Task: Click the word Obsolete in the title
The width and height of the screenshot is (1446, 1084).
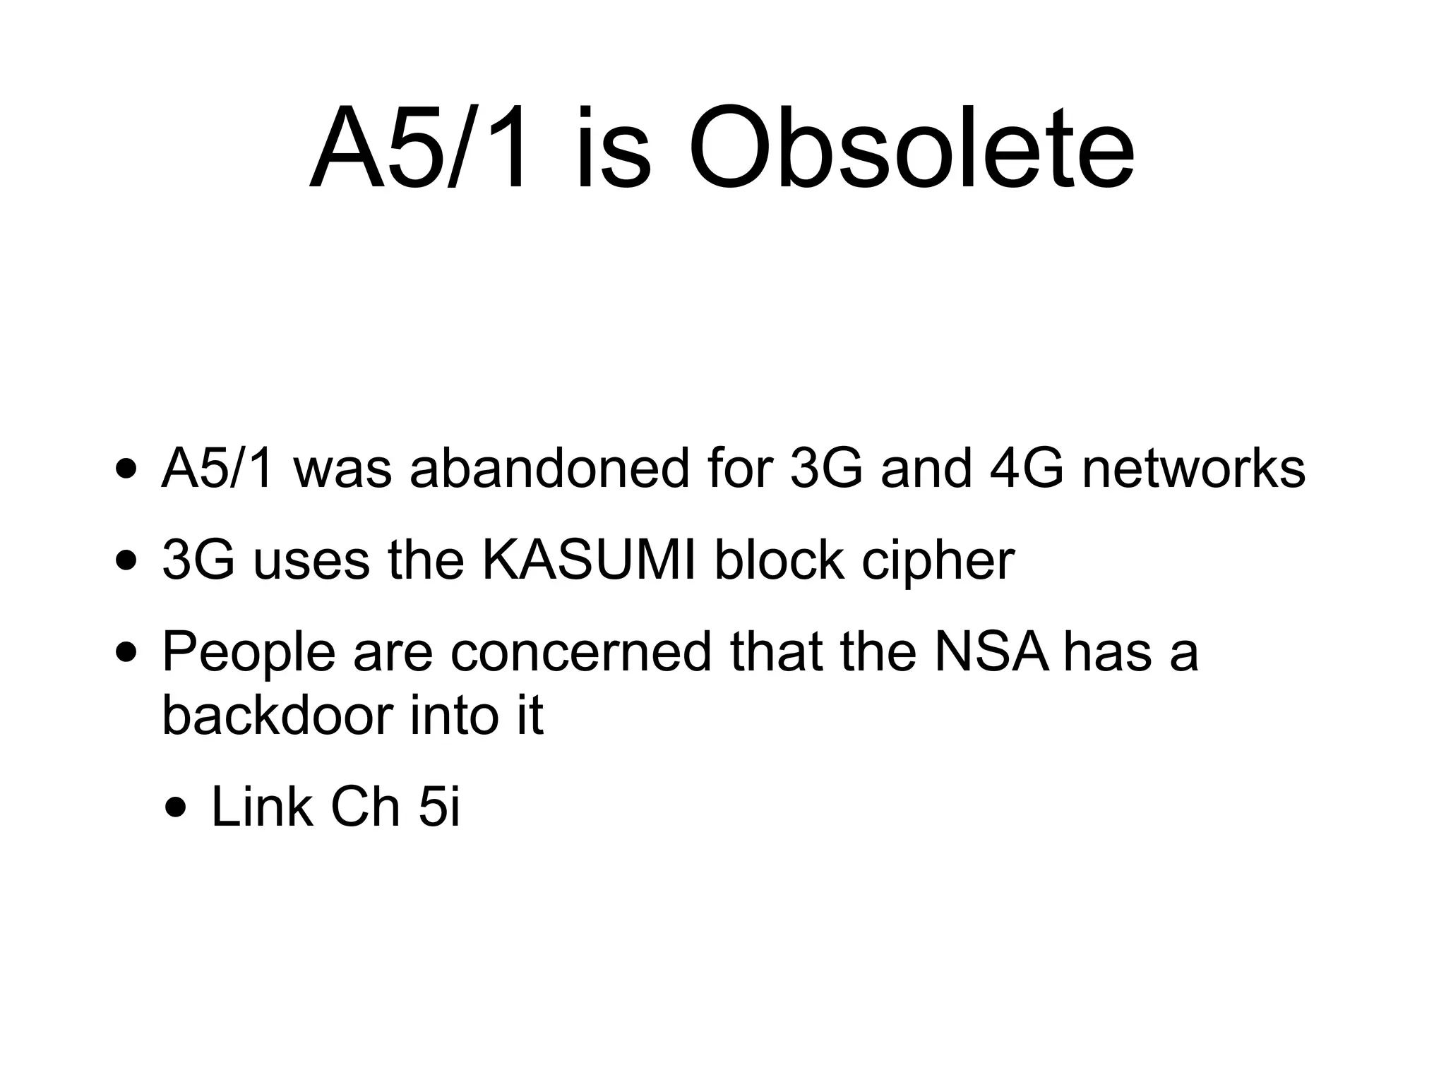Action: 911,150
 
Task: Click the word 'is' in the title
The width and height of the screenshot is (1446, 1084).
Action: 612,150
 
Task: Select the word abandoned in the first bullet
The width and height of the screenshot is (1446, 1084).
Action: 549,469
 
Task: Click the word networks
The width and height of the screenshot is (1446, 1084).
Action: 1193,469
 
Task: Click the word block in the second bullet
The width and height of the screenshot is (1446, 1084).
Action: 779,561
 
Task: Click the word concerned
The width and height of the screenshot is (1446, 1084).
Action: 581,653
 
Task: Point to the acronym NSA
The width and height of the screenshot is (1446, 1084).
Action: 991,653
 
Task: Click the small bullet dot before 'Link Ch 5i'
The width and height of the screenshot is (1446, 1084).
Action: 178,807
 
